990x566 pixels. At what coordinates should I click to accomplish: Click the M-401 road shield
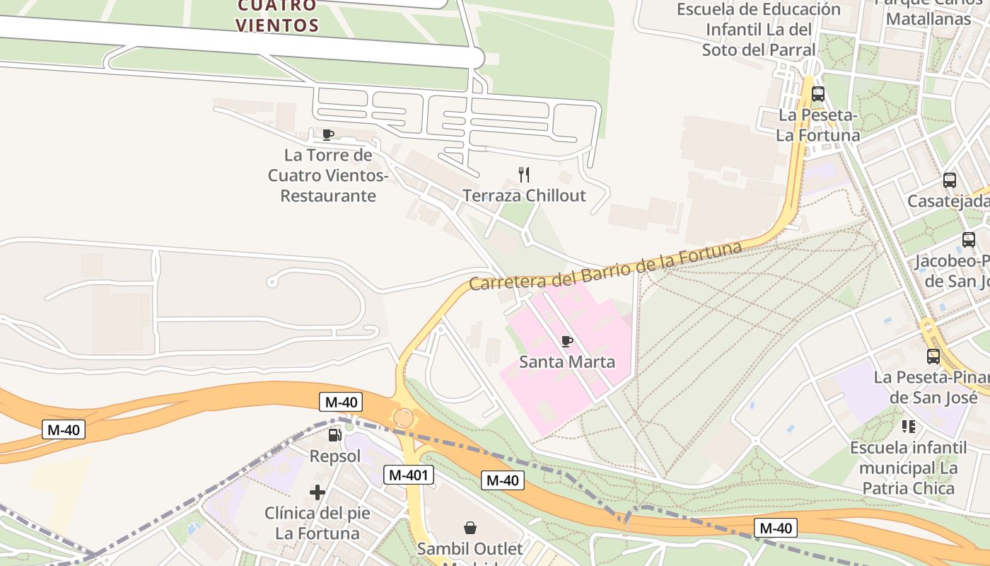pyautogui.click(x=409, y=475)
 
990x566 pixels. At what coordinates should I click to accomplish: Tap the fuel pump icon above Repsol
pyautogui.click(x=335, y=434)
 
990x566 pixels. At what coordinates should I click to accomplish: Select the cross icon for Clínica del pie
pyautogui.click(x=318, y=492)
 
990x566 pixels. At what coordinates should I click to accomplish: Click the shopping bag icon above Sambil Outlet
pyautogui.click(x=470, y=527)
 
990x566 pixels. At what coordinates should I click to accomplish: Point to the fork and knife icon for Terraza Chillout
pyautogui.click(x=524, y=174)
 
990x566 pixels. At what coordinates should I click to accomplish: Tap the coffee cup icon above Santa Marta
pyautogui.click(x=566, y=341)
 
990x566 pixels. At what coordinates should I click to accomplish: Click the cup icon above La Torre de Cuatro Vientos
pyautogui.click(x=327, y=134)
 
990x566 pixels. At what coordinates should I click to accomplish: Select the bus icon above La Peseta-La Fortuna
pyautogui.click(x=818, y=93)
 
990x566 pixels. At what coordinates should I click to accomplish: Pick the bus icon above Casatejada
pyautogui.click(x=950, y=180)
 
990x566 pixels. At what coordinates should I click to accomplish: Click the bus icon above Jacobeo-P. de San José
pyautogui.click(x=969, y=240)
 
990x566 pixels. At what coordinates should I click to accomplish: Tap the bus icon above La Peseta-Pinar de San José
pyautogui.click(x=933, y=356)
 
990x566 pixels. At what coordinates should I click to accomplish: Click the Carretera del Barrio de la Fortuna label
pyautogui.click(x=605, y=266)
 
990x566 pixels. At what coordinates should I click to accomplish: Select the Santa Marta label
pyautogui.click(x=567, y=362)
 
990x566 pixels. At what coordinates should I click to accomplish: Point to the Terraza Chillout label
pyautogui.click(x=524, y=195)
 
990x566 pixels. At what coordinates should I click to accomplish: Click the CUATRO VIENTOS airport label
pyautogui.click(x=277, y=16)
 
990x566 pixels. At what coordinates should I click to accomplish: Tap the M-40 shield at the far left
pyautogui.click(x=64, y=429)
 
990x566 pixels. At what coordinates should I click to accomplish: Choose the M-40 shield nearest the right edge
pyautogui.click(x=775, y=528)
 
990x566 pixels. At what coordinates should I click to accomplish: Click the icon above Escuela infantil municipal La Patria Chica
pyautogui.click(x=909, y=427)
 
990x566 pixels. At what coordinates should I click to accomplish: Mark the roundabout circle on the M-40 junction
pyautogui.click(x=403, y=418)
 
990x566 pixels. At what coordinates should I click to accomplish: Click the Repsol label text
pyautogui.click(x=335, y=456)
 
